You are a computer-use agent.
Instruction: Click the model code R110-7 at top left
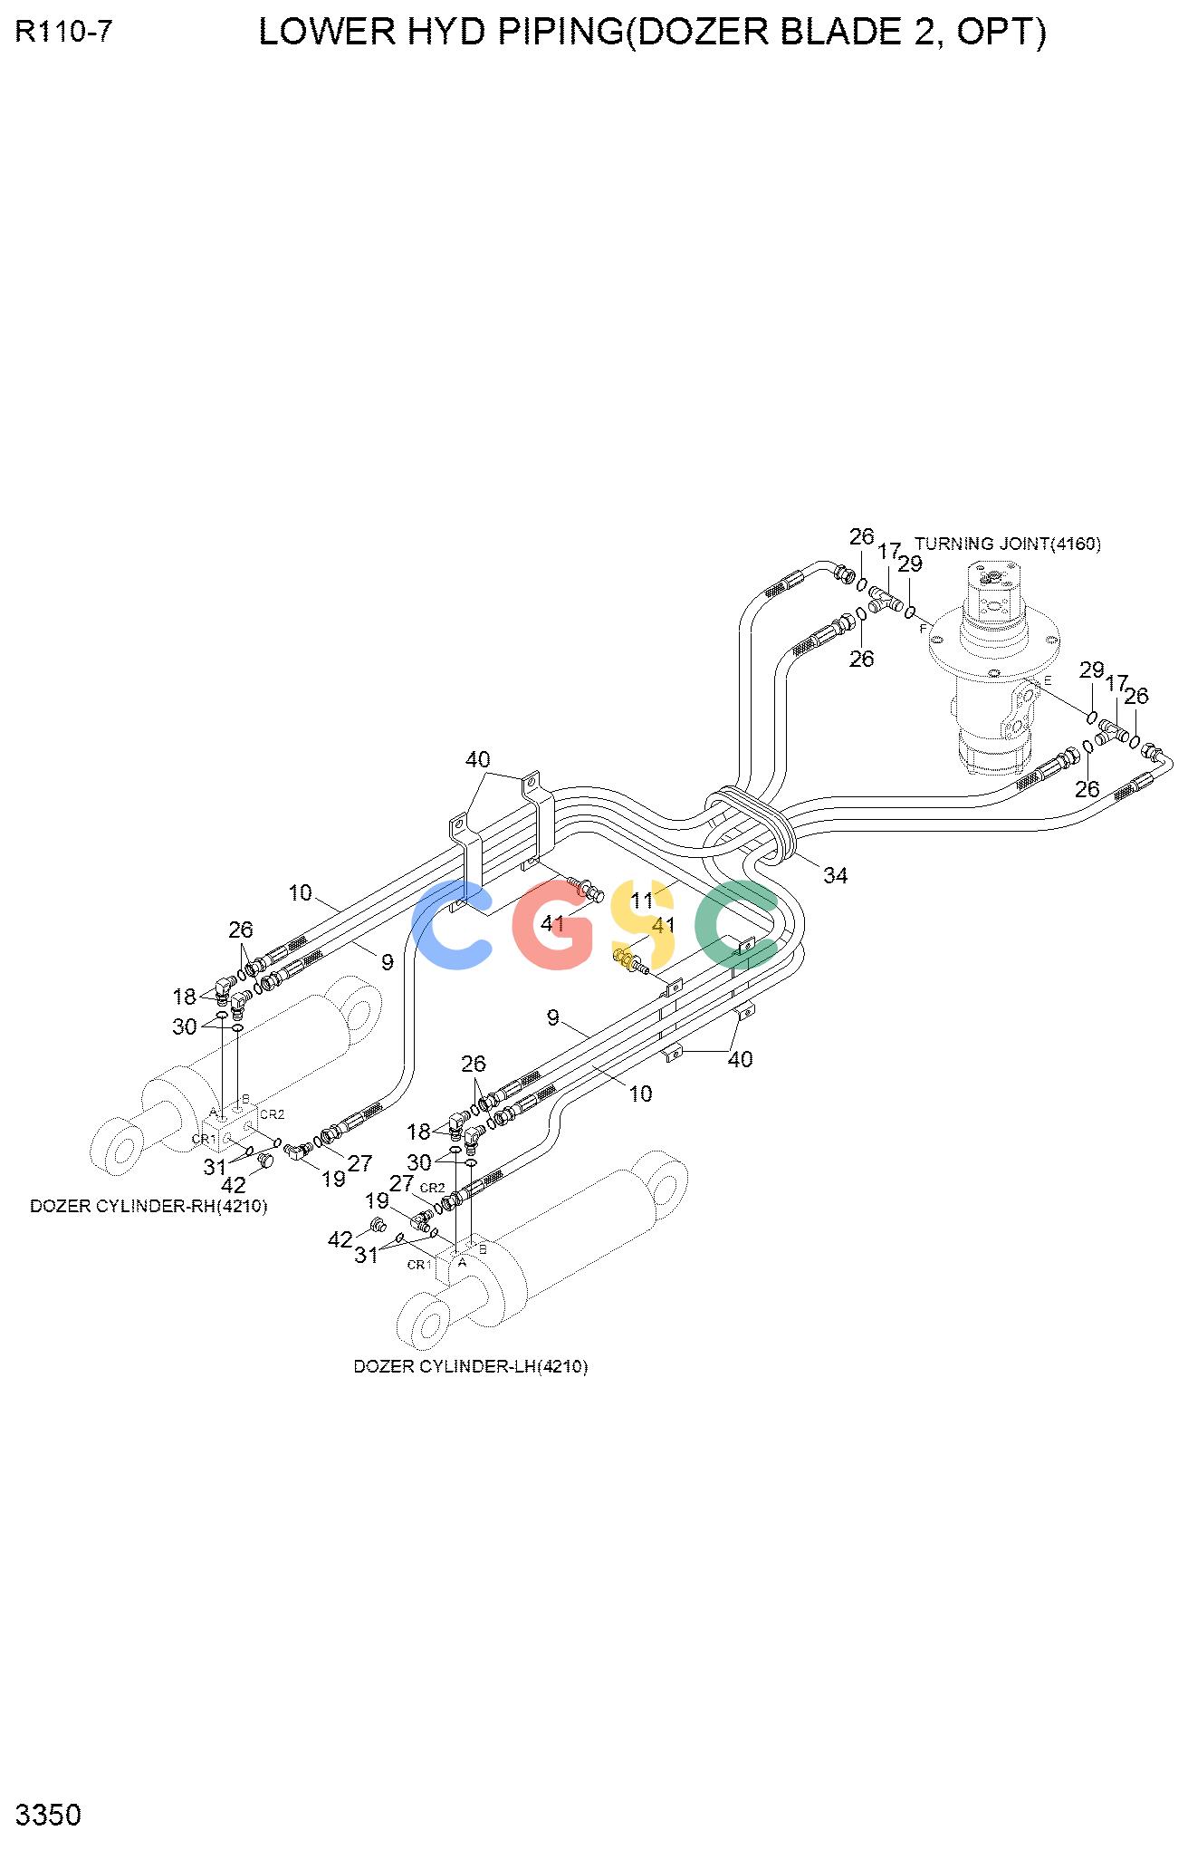point(64,33)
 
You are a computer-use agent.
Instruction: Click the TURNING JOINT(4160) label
point(1007,544)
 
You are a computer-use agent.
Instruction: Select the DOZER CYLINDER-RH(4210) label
point(148,1206)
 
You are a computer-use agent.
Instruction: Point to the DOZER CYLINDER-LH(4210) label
point(470,1366)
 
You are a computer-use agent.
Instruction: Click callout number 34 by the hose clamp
point(835,875)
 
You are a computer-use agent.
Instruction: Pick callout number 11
point(642,901)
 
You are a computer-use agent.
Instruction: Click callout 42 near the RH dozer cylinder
point(234,1185)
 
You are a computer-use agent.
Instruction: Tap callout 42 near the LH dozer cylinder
point(340,1239)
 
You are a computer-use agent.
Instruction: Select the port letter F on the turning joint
point(923,628)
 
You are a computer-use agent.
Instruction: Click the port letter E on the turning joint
point(1048,679)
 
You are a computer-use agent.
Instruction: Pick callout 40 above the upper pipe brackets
point(478,759)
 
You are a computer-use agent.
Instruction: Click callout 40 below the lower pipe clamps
point(741,1058)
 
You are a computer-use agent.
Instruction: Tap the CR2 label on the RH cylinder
point(273,1114)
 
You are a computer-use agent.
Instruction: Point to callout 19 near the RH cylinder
point(333,1179)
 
